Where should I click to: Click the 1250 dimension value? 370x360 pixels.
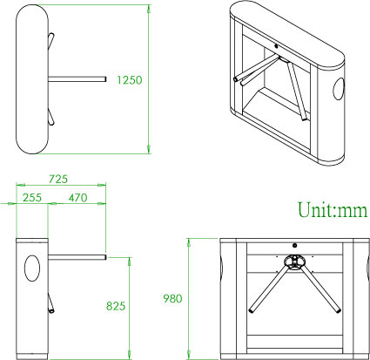128,79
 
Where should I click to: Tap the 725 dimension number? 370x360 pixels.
59,179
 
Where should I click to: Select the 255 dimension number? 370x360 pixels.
33,198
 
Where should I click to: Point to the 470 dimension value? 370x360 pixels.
78,198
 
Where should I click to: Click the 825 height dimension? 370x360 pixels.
117,306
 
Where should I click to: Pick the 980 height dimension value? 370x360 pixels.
172,299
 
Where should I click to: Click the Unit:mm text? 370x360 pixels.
333,210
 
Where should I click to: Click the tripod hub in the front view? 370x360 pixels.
293,261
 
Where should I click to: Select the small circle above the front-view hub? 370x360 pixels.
294,245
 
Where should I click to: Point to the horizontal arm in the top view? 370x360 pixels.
78,79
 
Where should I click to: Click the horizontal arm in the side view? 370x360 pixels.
78,257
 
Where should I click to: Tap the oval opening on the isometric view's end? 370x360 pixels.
339,90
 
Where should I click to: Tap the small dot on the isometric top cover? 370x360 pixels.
275,44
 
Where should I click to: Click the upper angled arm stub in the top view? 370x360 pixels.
53,38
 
